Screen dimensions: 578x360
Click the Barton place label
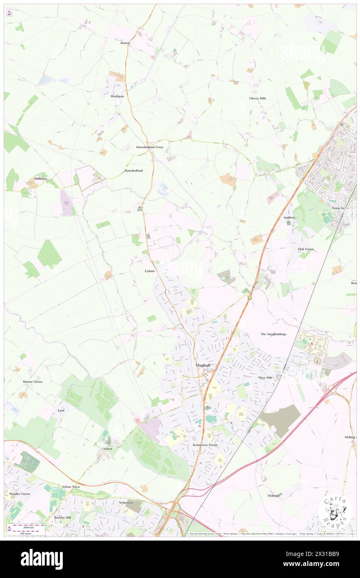click(x=125, y=43)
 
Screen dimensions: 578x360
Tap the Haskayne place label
click(x=117, y=96)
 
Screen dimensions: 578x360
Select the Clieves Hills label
click(x=257, y=99)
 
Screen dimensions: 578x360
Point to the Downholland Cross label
click(x=150, y=147)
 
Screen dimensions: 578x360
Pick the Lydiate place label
click(x=150, y=271)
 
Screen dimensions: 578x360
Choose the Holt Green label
click(x=306, y=249)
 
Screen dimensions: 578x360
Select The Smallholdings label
click(x=273, y=334)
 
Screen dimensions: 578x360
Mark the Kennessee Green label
click(x=205, y=445)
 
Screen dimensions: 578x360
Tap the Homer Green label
click(x=32, y=381)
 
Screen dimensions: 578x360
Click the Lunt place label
click(x=61, y=410)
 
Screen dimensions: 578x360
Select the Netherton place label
click(x=126, y=503)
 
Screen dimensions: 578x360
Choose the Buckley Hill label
click(x=62, y=518)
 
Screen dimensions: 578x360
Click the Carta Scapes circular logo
click(x=335, y=511)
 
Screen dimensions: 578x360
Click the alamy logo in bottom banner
click(x=42, y=559)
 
